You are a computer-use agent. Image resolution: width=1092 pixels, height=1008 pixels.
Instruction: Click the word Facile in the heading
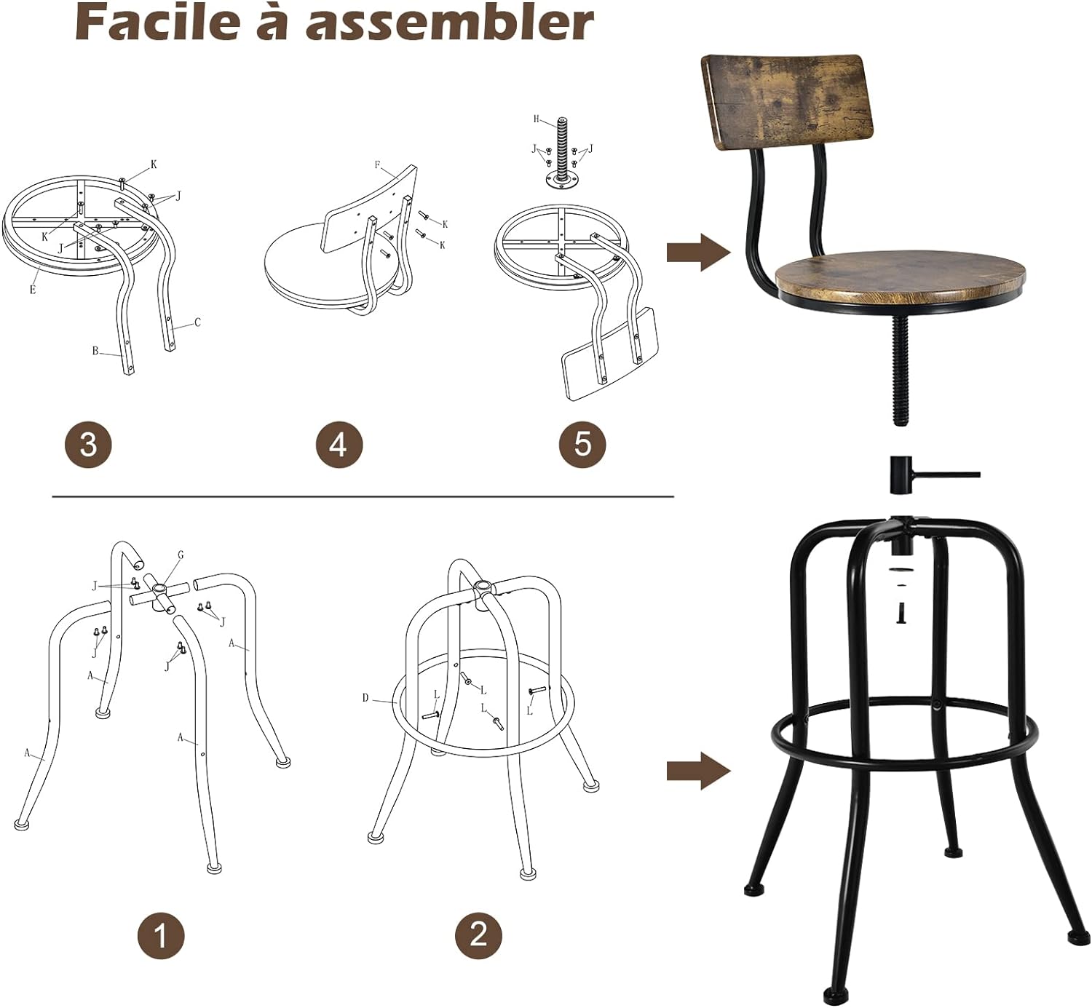[157, 23]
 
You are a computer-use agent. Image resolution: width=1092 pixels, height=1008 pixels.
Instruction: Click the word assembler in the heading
[449, 23]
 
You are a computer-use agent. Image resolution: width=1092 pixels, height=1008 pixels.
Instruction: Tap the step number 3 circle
[88, 444]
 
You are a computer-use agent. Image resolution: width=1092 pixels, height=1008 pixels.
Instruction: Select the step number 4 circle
[339, 444]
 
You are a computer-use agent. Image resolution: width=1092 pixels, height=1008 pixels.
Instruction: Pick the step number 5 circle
[582, 444]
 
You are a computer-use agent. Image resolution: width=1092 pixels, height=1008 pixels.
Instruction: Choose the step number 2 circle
[478, 934]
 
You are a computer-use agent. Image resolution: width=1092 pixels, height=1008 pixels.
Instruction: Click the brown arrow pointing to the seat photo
[697, 253]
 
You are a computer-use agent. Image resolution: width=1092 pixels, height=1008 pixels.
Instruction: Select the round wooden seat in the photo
[901, 276]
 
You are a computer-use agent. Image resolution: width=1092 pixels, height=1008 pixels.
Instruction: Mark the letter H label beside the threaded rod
[537, 119]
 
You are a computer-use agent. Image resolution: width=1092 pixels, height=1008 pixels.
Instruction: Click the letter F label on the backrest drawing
[378, 165]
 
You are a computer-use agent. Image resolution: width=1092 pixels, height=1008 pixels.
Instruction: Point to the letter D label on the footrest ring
[365, 698]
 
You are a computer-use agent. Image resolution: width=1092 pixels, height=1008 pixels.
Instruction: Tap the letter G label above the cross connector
[181, 555]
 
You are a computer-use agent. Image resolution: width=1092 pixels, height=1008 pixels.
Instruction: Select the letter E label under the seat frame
[33, 289]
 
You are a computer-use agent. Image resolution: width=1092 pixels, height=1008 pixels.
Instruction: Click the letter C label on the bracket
[197, 322]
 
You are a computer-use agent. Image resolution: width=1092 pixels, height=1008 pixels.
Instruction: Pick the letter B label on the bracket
[95, 351]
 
